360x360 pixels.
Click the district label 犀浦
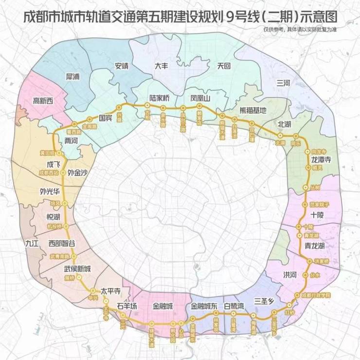pos(75,77)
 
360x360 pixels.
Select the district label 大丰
pos(162,66)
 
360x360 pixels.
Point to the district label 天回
pos(223,66)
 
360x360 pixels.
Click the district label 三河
pos(283,83)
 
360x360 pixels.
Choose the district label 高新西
pos(42,101)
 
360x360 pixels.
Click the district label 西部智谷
pos(62,243)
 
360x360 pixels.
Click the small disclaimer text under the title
pos(301,30)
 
